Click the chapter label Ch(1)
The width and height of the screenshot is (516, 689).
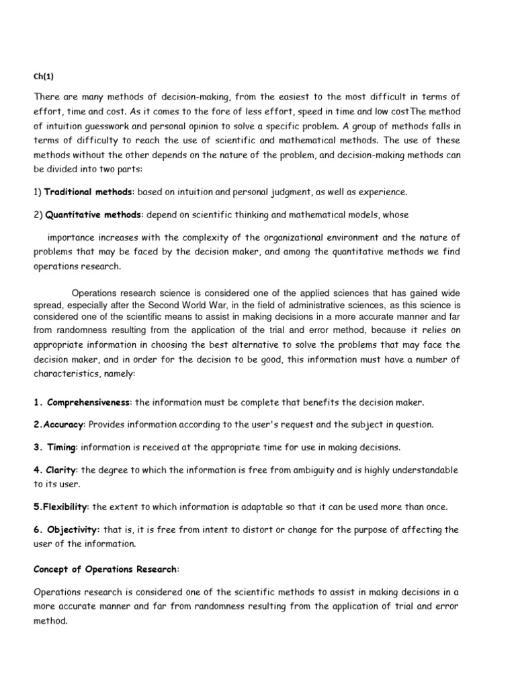(43, 76)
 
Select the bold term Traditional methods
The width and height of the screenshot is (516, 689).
(89, 192)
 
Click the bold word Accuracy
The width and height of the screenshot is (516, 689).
(64, 425)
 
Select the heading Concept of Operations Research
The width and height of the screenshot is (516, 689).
(105, 569)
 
